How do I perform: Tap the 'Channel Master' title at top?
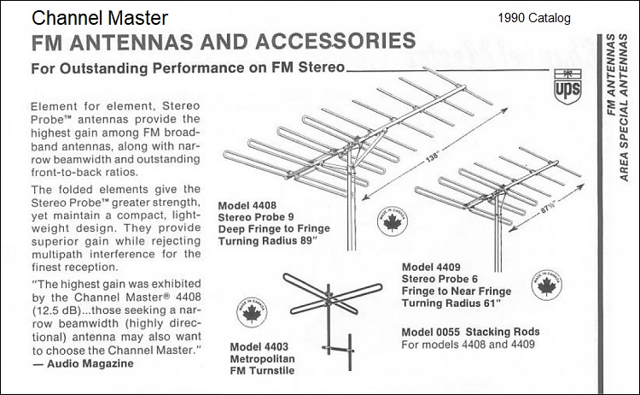coord(100,17)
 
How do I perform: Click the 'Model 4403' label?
coord(259,346)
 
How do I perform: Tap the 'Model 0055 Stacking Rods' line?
coord(470,332)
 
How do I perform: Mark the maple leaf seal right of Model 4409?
coord(544,286)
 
